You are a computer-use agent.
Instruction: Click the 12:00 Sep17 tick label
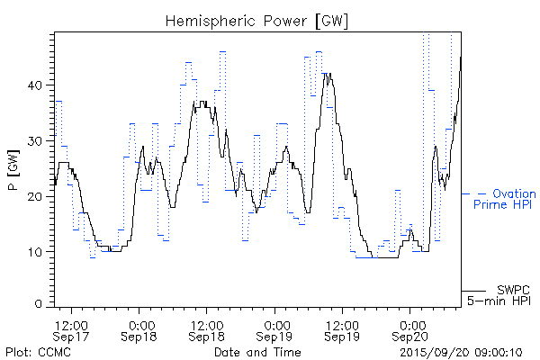[70, 329]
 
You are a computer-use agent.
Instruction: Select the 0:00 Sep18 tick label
[139, 329]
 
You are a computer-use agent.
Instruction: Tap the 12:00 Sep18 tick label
[206, 329]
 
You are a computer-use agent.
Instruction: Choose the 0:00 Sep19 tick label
[275, 329]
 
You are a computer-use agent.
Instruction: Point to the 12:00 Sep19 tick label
[342, 329]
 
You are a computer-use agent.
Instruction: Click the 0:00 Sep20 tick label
[411, 329]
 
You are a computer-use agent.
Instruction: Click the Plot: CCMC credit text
[35, 351]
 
